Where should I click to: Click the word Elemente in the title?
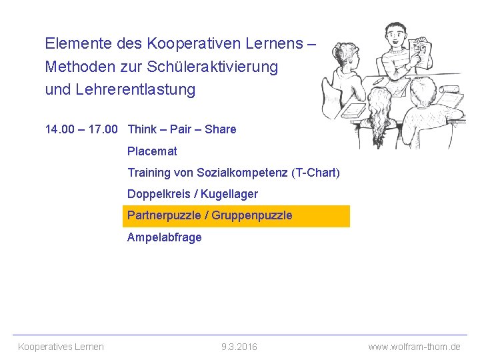(73, 44)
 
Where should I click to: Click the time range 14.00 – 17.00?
(81, 129)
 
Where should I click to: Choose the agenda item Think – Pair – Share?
(181, 129)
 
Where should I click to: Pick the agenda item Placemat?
(152, 151)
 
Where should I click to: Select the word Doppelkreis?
(157, 194)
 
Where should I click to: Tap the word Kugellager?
(229, 194)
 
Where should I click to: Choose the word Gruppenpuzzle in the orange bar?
(252, 215)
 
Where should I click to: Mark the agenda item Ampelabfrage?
(164, 237)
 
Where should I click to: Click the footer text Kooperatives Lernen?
(61, 347)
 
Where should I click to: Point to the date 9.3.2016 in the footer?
(239, 347)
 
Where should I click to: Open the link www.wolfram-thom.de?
(414, 347)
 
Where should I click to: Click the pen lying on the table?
(378, 81)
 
